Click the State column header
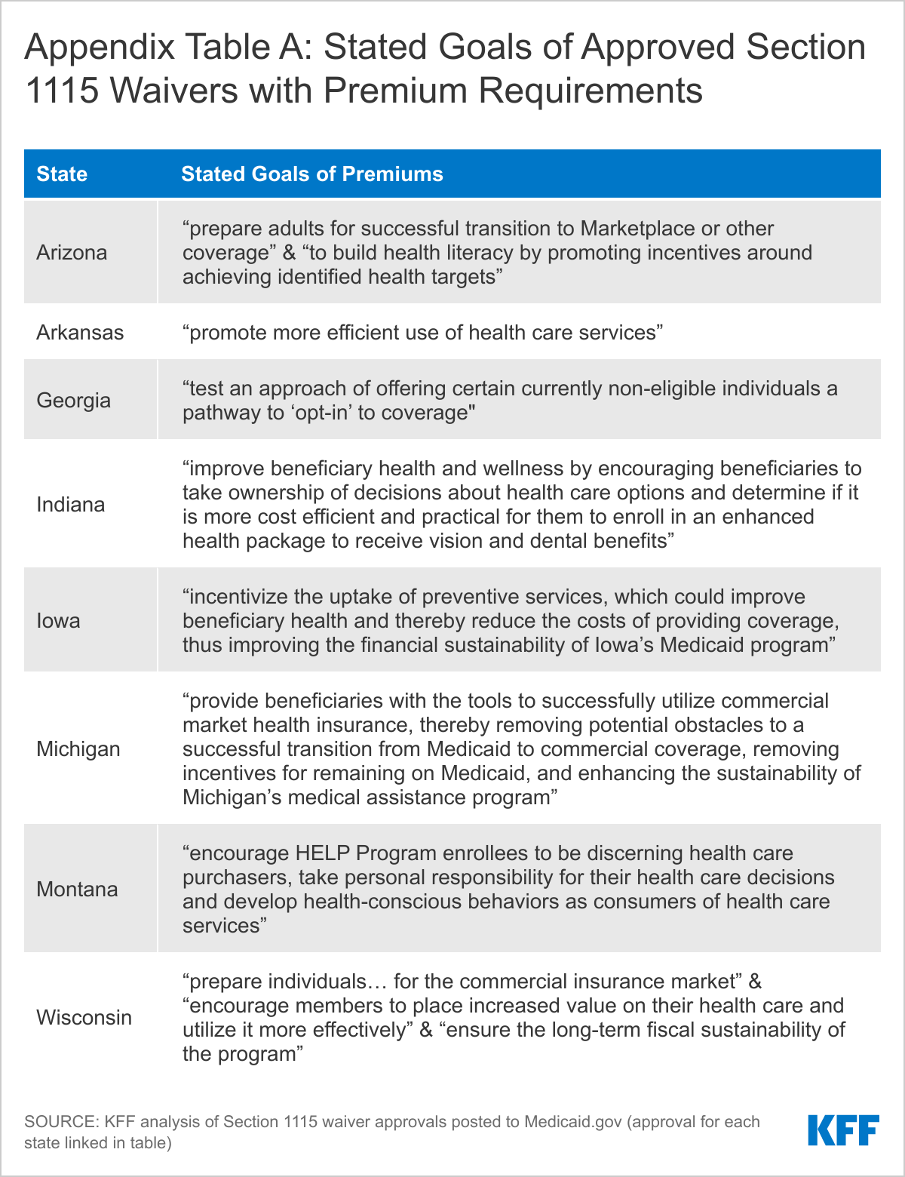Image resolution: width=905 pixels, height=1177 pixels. pyautogui.click(x=62, y=174)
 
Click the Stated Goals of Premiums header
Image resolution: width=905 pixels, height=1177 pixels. pyautogui.click(x=312, y=174)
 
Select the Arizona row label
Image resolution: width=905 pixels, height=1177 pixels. pyautogui.click(x=72, y=252)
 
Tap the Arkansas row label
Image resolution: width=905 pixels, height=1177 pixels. pyautogui.click(x=80, y=332)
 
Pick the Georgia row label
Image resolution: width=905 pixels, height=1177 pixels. pyautogui.click(x=73, y=400)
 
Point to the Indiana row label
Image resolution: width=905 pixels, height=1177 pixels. pyautogui.click(x=71, y=504)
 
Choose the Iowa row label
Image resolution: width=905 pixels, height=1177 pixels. pyautogui.click(x=58, y=620)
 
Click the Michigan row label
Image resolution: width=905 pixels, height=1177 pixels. pyautogui.click(x=78, y=748)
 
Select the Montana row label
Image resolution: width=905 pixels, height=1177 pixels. pyautogui.click(x=77, y=889)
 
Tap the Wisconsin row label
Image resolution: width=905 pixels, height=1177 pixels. pyautogui.click(x=84, y=1017)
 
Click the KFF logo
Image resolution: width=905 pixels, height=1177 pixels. pyautogui.click(x=843, y=1130)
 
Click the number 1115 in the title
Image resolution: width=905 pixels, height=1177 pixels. pyautogui.click(x=61, y=91)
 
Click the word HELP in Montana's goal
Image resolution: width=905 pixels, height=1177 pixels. pyautogui.click(x=322, y=853)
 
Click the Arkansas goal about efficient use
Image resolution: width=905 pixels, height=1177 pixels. pyautogui.click(x=423, y=333)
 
